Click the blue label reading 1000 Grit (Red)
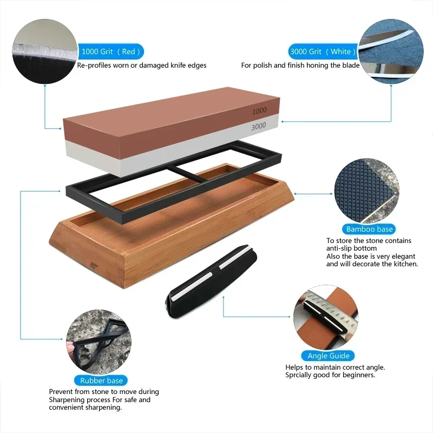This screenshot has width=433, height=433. pos(111,52)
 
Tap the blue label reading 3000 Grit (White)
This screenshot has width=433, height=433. pos(323,52)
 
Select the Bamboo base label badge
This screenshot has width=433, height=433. pos(370,229)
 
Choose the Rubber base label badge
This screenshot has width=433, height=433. pos(101,380)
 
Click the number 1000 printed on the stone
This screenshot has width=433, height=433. pos(260,111)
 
